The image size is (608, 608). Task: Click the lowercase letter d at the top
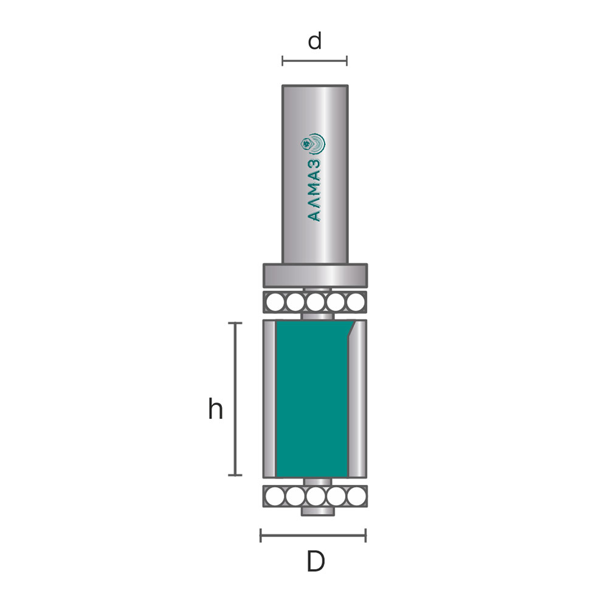pyautogui.click(x=315, y=41)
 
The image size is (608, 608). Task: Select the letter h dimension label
pyautogui.click(x=216, y=409)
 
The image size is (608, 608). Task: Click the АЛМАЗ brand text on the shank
pyautogui.click(x=314, y=190)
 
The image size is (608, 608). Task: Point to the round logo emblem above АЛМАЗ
pyautogui.click(x=313, y=144)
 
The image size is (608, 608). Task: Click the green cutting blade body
pyautogui.click(x=312, y=399)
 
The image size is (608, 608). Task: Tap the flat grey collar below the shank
pyautogui.click(x=315, y=275)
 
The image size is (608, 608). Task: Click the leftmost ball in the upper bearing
pyautogui.click(x=275, y=302)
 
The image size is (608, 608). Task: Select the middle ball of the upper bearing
pyautogui.click(x=315, y=302)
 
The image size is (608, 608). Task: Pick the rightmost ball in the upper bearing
pyautogui.click(x=356, y=302)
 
